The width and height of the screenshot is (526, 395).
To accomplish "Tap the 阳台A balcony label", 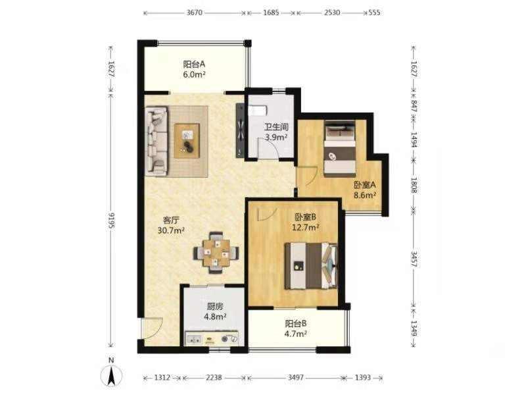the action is [x=194, y=64].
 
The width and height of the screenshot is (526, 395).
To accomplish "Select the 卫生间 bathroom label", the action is [x=276, y=127].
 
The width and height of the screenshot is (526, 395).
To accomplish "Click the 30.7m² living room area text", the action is [x=171, y=230].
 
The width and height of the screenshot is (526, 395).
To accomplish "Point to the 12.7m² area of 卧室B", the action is [x=305, y=227].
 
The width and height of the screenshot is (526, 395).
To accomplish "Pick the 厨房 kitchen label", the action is [x=215, y=306].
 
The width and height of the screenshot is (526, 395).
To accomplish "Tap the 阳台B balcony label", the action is [x=295, y=323].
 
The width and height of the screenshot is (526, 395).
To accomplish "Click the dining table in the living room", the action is [x=216, y=252].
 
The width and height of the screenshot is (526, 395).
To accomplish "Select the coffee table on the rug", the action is [x=187, y=140].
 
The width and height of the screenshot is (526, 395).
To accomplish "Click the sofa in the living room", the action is [x=156, y=141].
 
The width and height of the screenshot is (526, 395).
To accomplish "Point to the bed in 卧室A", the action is [x=339, y=149].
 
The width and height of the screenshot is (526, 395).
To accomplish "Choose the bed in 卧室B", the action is [x=311, y=266].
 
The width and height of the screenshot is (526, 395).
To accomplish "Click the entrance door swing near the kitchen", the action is [x=152, y=328].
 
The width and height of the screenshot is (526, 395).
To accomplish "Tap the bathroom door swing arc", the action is [x=268, y=147].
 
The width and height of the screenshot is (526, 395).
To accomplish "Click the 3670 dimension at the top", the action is [x=194, y=13].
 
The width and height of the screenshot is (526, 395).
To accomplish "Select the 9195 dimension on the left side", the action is [x=111, y=220].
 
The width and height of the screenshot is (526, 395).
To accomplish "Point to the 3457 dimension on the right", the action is [x=414, y=259].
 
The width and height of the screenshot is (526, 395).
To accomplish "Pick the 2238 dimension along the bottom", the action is [x=214, y=377].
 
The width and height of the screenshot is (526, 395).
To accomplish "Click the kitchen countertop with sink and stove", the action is [x=212, y=338].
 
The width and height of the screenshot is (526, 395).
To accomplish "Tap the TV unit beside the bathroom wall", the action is [x=240, y=130].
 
